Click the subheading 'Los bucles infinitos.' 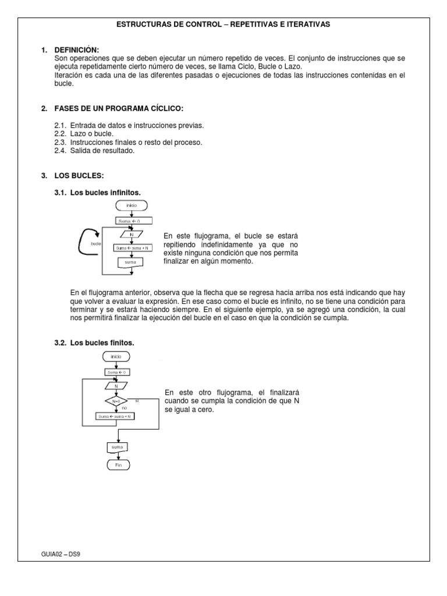click(x=105, y=192)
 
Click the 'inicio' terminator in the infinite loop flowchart click(x=132, y=205)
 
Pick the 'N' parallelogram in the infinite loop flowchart click(x=132, y=235)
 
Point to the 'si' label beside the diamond click(x=137, y=400)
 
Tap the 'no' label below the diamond click(x=124, y=409)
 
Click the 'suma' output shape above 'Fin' click(x=118, y=448)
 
